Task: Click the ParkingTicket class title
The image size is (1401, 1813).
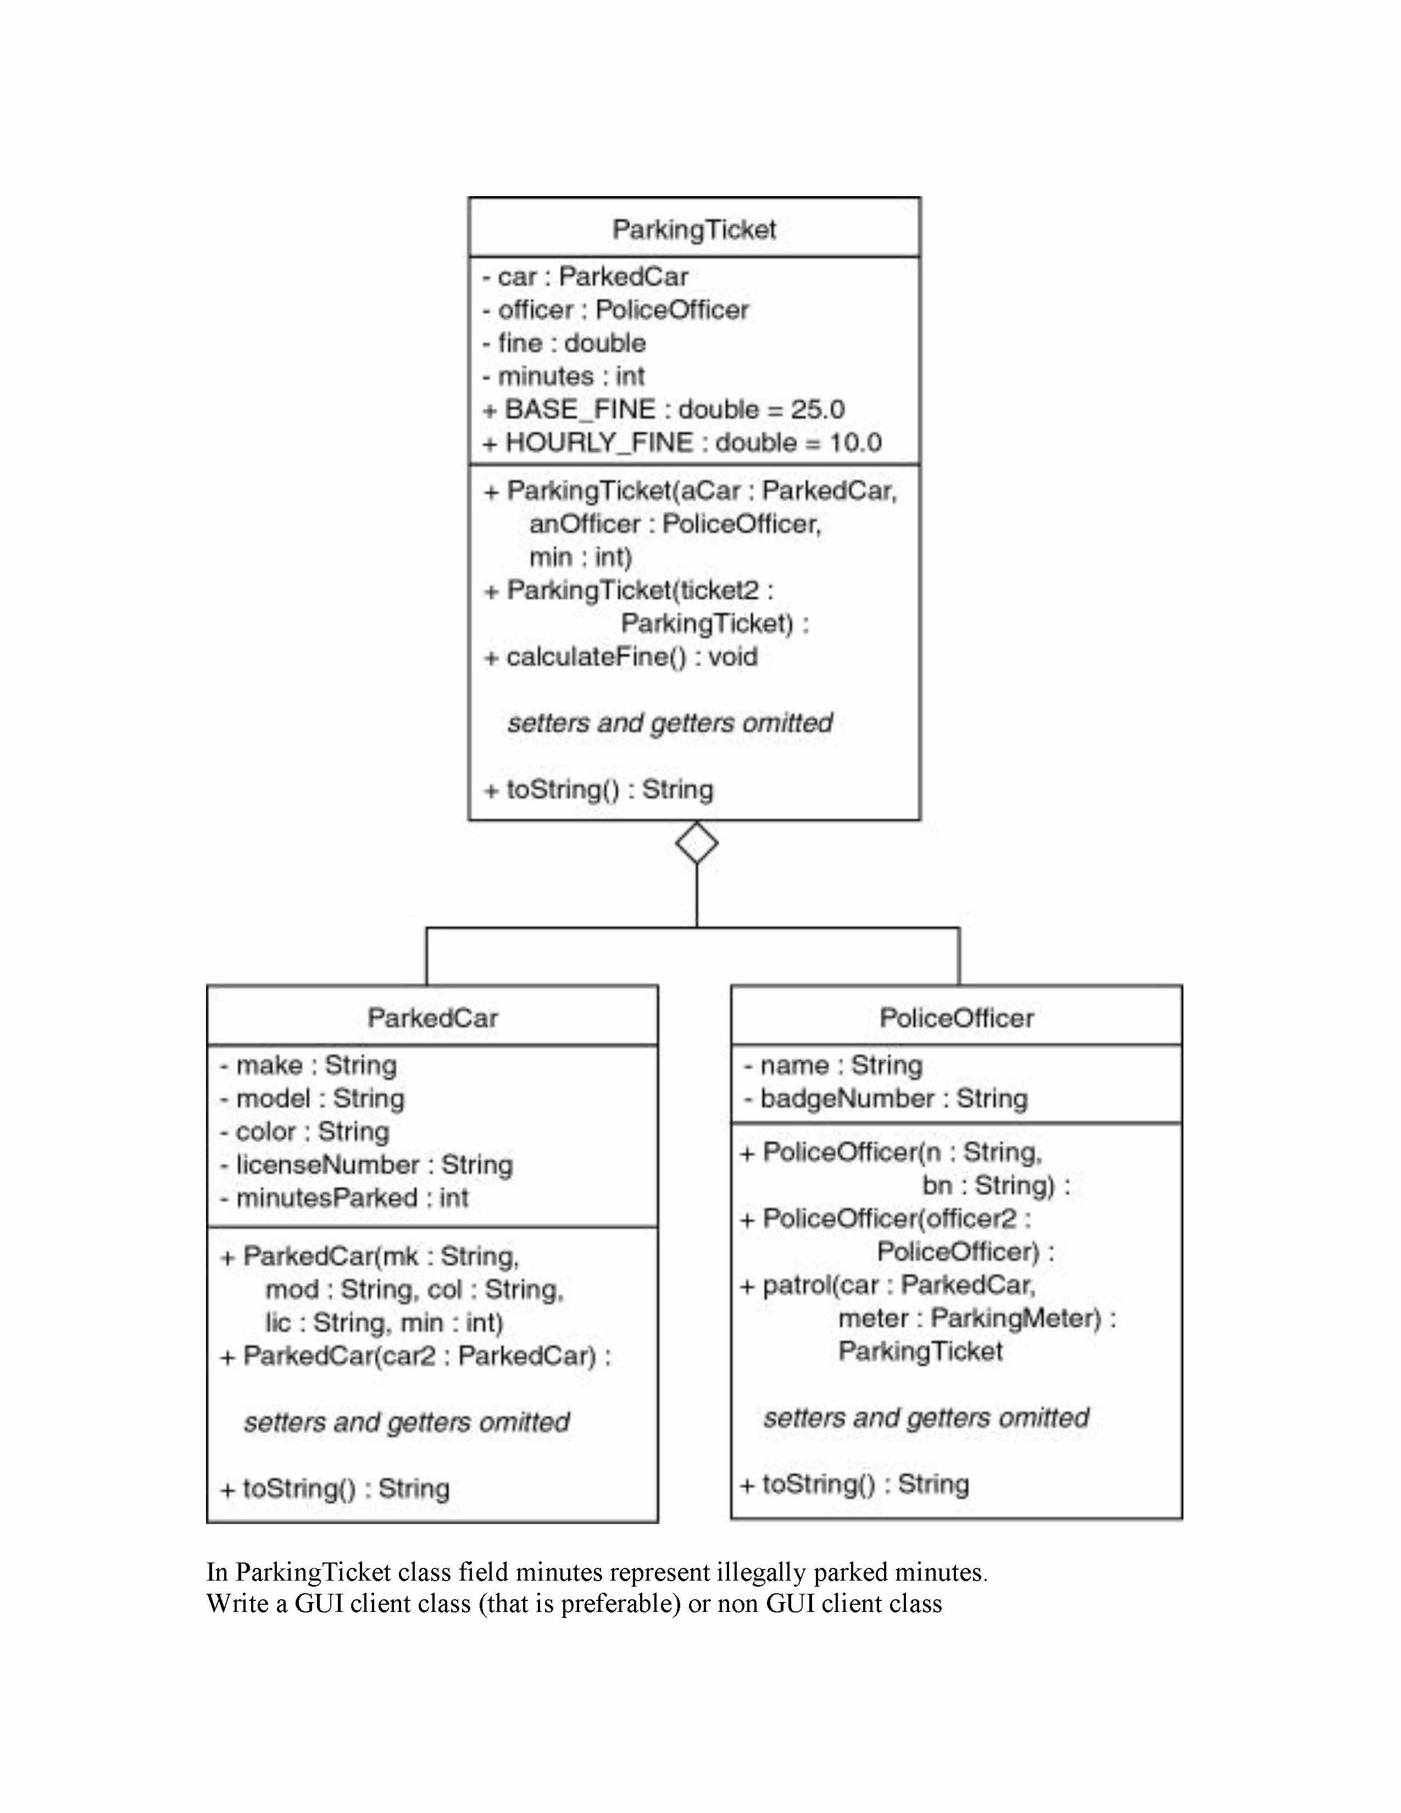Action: [694, 229]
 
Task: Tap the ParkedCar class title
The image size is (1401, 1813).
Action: [432, 1017]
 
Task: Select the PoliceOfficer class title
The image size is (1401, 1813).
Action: [956, 1017]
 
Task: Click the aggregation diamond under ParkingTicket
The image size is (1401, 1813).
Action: [696, 843]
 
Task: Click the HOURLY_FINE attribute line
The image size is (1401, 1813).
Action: [682, 442]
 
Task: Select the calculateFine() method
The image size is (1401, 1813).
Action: [621, 657]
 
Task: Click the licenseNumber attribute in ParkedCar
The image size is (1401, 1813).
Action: [366, 1165]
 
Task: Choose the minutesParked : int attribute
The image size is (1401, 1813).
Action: [343, 1198]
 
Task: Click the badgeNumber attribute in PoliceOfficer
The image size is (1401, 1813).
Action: [886, 1098]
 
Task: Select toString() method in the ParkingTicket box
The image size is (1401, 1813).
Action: [598, 789]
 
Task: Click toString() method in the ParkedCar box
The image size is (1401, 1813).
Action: [335, 1488]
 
